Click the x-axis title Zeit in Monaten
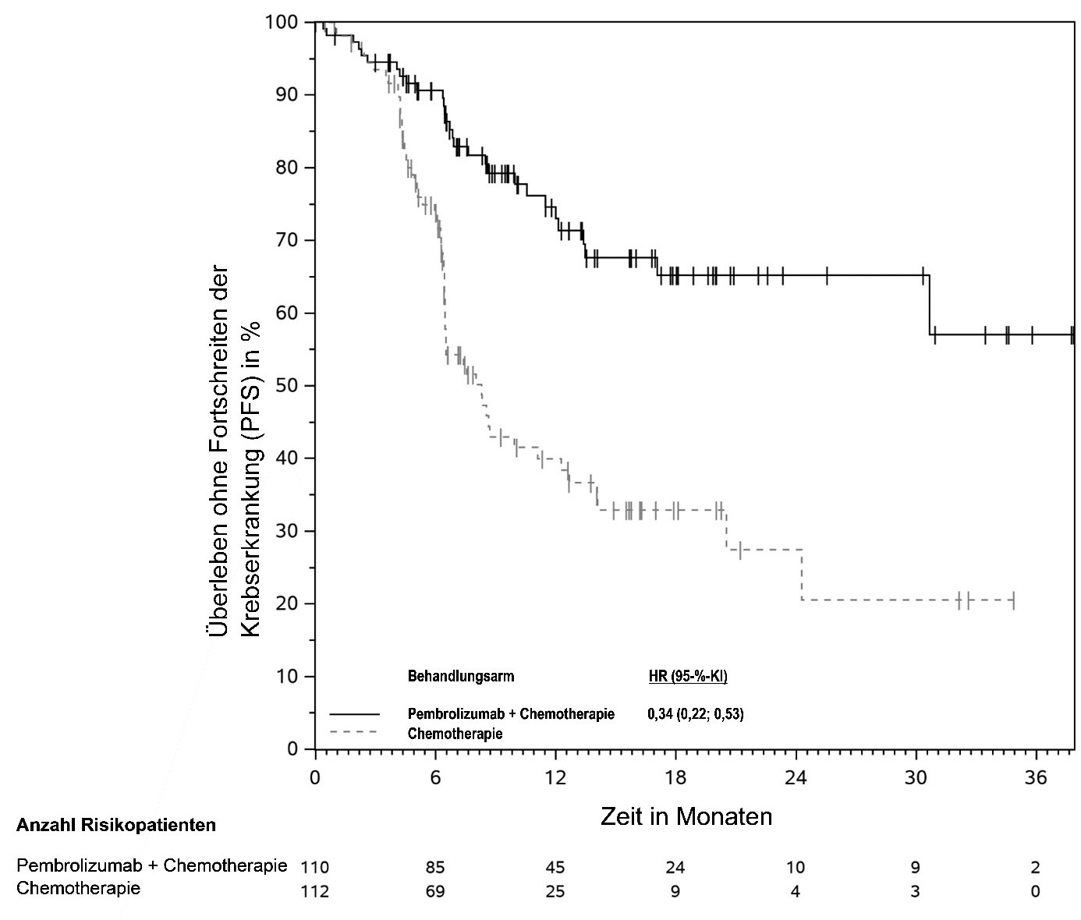(x=686, y=816)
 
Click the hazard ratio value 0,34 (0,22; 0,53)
(x=696, y=714)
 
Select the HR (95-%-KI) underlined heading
(x=688, y=676)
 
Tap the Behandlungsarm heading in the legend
(x=461, y=676)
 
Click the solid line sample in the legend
(x=354, y=714)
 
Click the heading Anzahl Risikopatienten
(x=116, y=825)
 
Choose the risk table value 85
(x=435, y=868)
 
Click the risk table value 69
(x=435, y=891)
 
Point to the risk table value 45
(x=555, y=868)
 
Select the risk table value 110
(x=315, y=868)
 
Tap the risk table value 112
(x=315, y=891)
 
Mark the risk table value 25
(x=555, y=891)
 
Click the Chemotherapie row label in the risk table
(x=79, y=889)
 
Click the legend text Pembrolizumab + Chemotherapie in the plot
(x=511, y=714)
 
